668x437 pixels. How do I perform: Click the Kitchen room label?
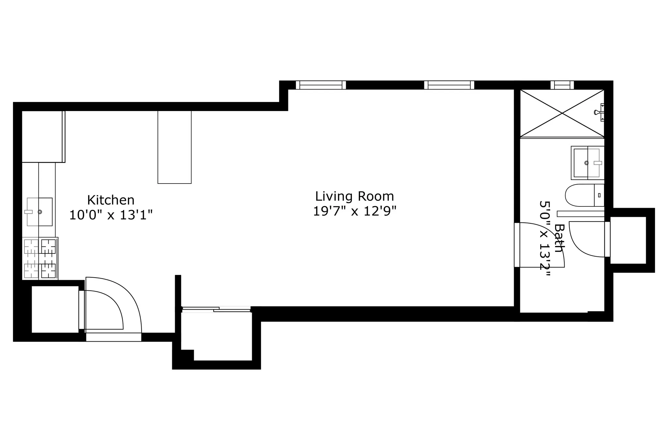coord(111,200)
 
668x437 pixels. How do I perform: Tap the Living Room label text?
coord(354,196)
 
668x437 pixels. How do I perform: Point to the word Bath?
coord(560,238)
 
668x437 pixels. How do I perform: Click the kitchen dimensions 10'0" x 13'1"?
coord(111,215)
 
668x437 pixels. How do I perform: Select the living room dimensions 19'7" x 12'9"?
coord(355,211)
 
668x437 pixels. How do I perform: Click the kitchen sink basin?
coord(39,212)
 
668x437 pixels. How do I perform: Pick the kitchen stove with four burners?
coord(40,258)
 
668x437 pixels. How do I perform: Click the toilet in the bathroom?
coord(584,195)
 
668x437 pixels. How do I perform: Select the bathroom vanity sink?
coord(587,163)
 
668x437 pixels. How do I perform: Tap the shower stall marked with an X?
coord(562,113)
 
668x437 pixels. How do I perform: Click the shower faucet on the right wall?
coord(599,112)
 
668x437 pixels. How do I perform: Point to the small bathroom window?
coord(562,85)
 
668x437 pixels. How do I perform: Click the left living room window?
coord(321,85)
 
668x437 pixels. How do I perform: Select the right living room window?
coord(449,85)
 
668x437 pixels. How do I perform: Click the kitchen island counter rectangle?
coord(175,147)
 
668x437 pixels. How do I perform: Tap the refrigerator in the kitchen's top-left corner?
coord(43,136)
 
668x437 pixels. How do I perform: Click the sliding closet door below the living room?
coord(216,309)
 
